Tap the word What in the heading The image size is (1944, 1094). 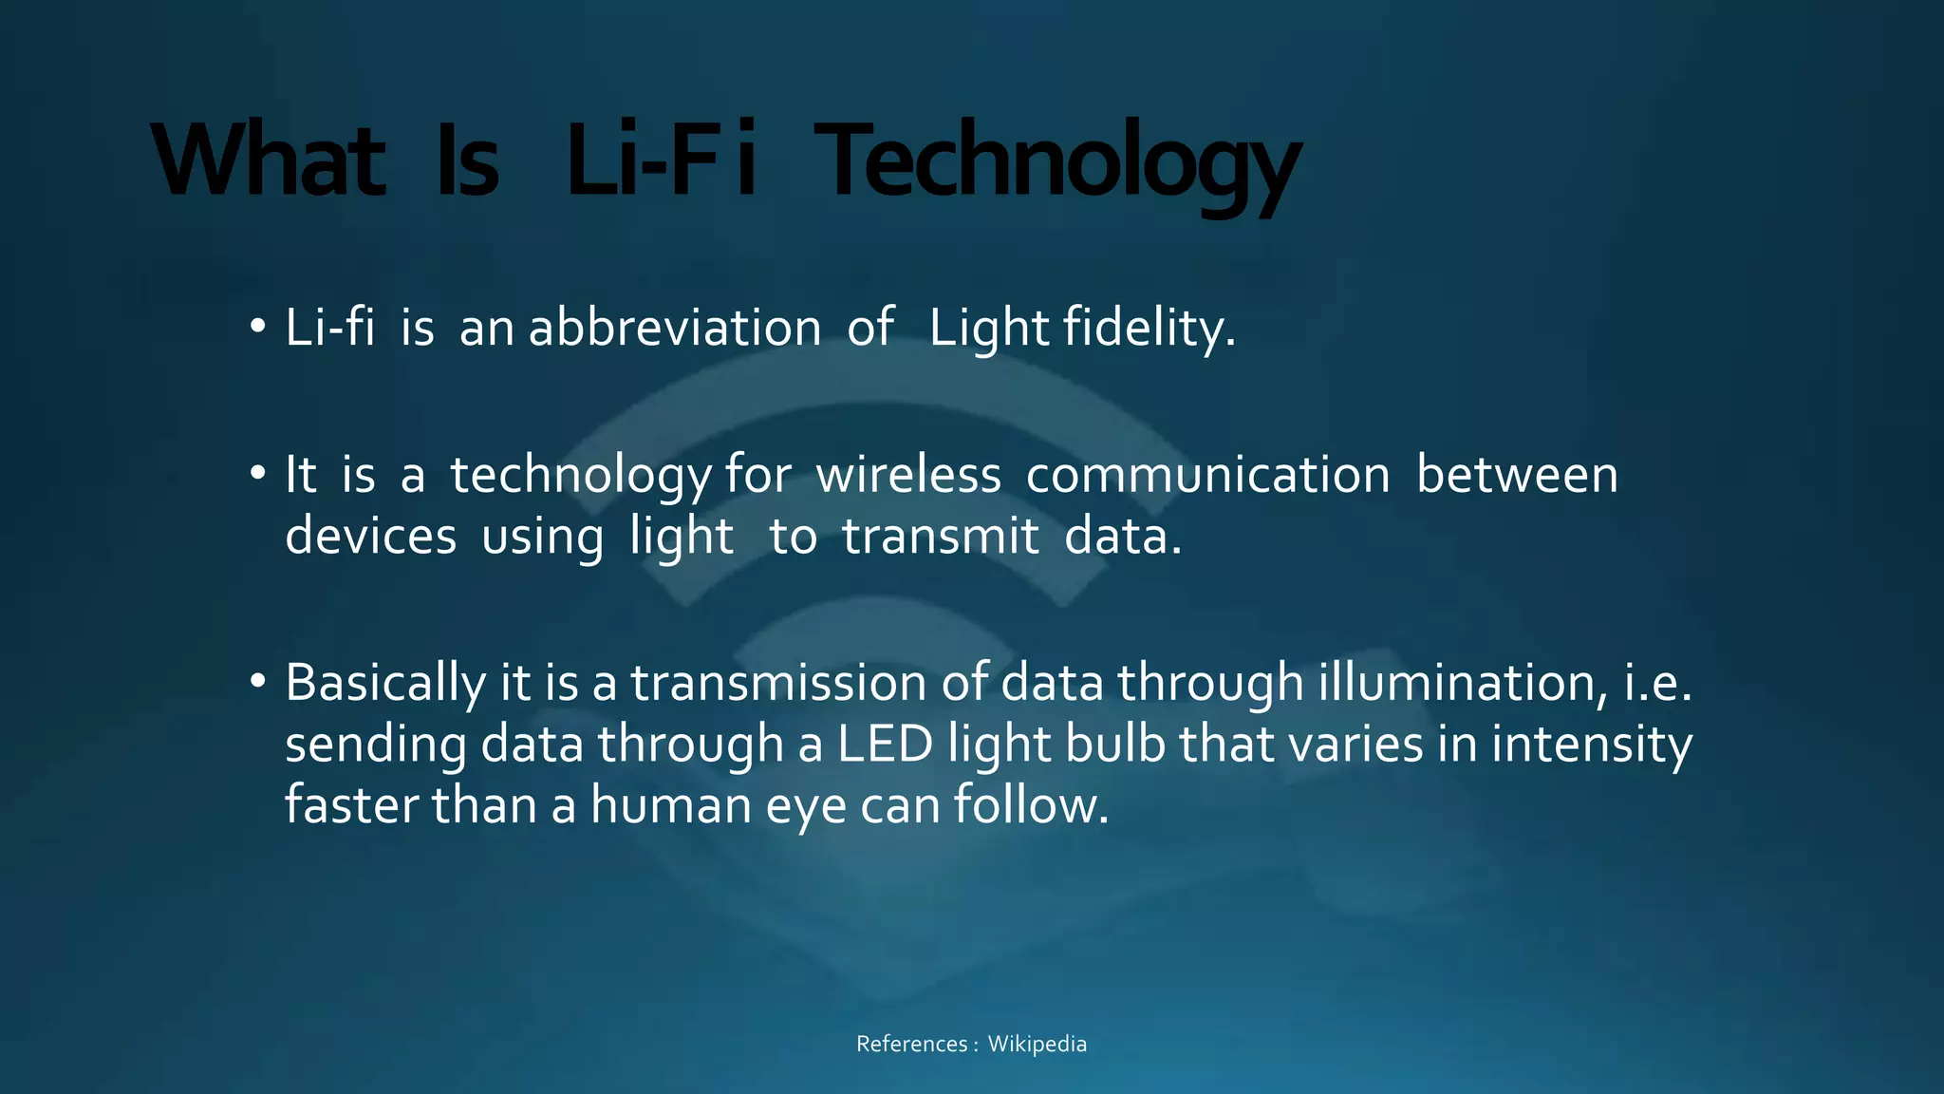point(269,161)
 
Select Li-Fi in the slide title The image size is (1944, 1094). point(661,161)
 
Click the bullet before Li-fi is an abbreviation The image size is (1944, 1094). point(257,328)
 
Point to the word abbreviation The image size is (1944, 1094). point(675,328)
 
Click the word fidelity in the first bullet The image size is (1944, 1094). point(1149,328)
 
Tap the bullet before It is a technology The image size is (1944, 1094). point(257,474)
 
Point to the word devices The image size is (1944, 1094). point(371,536)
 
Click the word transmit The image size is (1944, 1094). point(940,536)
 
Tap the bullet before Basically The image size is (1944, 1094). point(257,682)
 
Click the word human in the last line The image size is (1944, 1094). point(671,805)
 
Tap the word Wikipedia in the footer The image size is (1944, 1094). point(1037,1044)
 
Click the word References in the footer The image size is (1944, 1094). point(911,1044)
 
